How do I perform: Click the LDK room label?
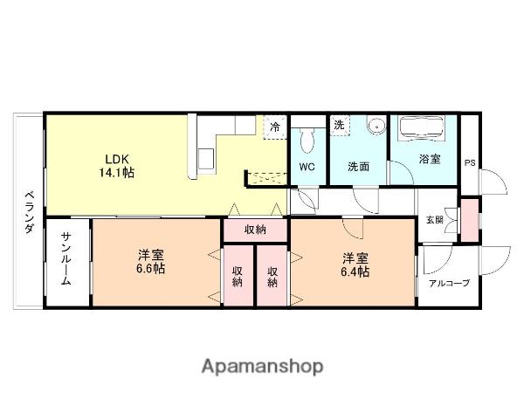coord(117,159)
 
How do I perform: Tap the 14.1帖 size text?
coord(117,173)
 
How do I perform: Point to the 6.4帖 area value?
coord(355,271)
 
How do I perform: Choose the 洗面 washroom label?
coord(359,166)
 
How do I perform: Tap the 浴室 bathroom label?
coord(429,160)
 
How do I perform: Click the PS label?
coord(470,162)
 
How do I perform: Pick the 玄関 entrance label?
coord(434,220)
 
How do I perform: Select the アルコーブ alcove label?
coord(448,283)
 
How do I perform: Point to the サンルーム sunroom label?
coord(67,259)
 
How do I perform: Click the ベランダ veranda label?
coord(29,212)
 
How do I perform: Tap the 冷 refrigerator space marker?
coord(275,127)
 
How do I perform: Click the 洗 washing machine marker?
coord(338,125)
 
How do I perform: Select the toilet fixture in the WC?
coord(307,140)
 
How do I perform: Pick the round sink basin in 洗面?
coord(376,127)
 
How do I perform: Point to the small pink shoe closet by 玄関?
coord(470,219)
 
